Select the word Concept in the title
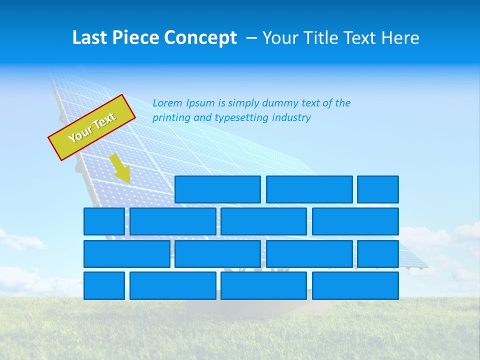[201, 38]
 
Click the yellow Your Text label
[92, 127]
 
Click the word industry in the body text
[291, 118]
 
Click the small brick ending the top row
[378, 189]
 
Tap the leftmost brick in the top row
[217, 189]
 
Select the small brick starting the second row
[104, 221]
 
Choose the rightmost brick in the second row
[355, 221]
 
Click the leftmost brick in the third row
[126, 253]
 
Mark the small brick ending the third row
[378, 253]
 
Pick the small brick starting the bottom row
[104, 285]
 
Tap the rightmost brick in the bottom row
[355, 285]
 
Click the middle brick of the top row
[309, 189]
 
